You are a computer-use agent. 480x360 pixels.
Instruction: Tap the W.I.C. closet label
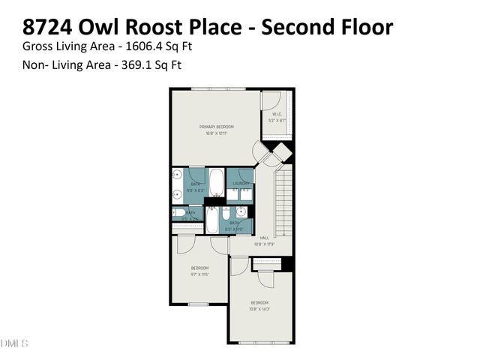[x=277, y=115]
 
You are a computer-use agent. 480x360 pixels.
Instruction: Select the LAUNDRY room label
[x=241, y=184]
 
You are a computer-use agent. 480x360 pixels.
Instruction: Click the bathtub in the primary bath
[x=216, y=182]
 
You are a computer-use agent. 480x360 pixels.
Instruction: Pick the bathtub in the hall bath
[x=211, y=221]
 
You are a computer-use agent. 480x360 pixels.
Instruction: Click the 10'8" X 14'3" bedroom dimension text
[x=259, y=308]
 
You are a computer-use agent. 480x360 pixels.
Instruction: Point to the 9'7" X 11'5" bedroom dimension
[x=199, y=275]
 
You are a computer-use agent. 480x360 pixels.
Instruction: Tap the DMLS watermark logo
[x=14, y=343]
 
